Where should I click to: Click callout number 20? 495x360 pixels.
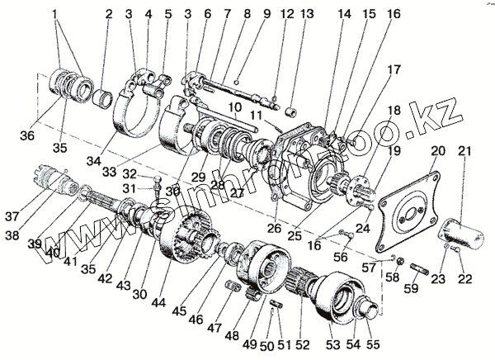coord(436,150)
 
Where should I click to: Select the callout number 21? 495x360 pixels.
coord(464,150)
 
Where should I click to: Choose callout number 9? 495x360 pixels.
coord(243,14)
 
